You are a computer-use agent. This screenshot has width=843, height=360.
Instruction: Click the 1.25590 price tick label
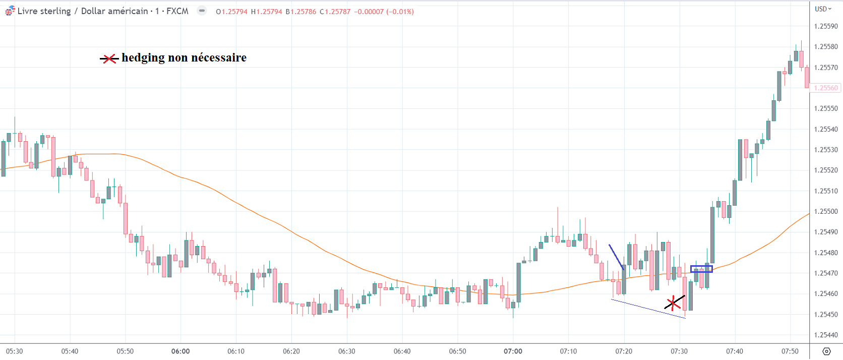point(826,26)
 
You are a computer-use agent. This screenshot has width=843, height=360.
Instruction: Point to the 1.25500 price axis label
point(826,211)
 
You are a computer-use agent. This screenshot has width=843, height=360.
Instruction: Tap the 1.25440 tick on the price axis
point(826,335)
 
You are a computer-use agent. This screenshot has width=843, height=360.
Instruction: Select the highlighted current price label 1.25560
point(826,88)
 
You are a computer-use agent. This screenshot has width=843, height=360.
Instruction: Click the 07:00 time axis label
point(513,351)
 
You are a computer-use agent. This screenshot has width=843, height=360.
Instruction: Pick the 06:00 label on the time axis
point(180,351)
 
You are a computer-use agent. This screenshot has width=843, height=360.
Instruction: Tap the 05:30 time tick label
point(14,351)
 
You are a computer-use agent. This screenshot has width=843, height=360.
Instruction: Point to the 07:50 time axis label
point(790,351)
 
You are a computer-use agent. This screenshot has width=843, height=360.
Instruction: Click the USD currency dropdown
point(823,9)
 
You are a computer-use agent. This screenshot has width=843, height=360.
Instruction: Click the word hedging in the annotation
point(143,58)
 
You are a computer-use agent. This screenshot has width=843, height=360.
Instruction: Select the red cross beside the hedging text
point(109,59)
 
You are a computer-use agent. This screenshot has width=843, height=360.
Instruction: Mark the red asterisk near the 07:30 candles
point(673,304)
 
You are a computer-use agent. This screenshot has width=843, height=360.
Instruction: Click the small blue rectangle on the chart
point(701,269)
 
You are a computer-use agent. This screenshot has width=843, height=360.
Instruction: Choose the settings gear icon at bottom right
point(826,351)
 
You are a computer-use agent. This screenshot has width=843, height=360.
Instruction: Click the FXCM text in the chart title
point(177,11)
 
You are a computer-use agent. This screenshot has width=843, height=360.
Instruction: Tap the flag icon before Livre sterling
point(10,11)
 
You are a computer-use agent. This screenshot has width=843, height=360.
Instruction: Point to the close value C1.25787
point(335,12)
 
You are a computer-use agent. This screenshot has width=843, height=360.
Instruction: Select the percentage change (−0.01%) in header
point(400,12)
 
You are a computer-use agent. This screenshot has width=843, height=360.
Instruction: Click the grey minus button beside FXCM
point(202,11)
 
